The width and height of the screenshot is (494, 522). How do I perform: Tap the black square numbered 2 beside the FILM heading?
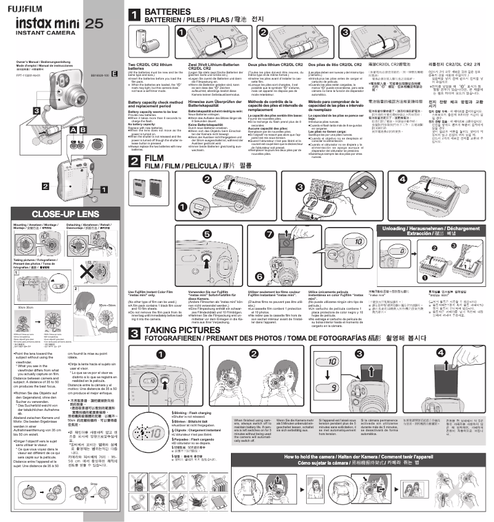(x=134, y=162)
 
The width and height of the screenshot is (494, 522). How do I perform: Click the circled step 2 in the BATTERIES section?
(x=263, y=33)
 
